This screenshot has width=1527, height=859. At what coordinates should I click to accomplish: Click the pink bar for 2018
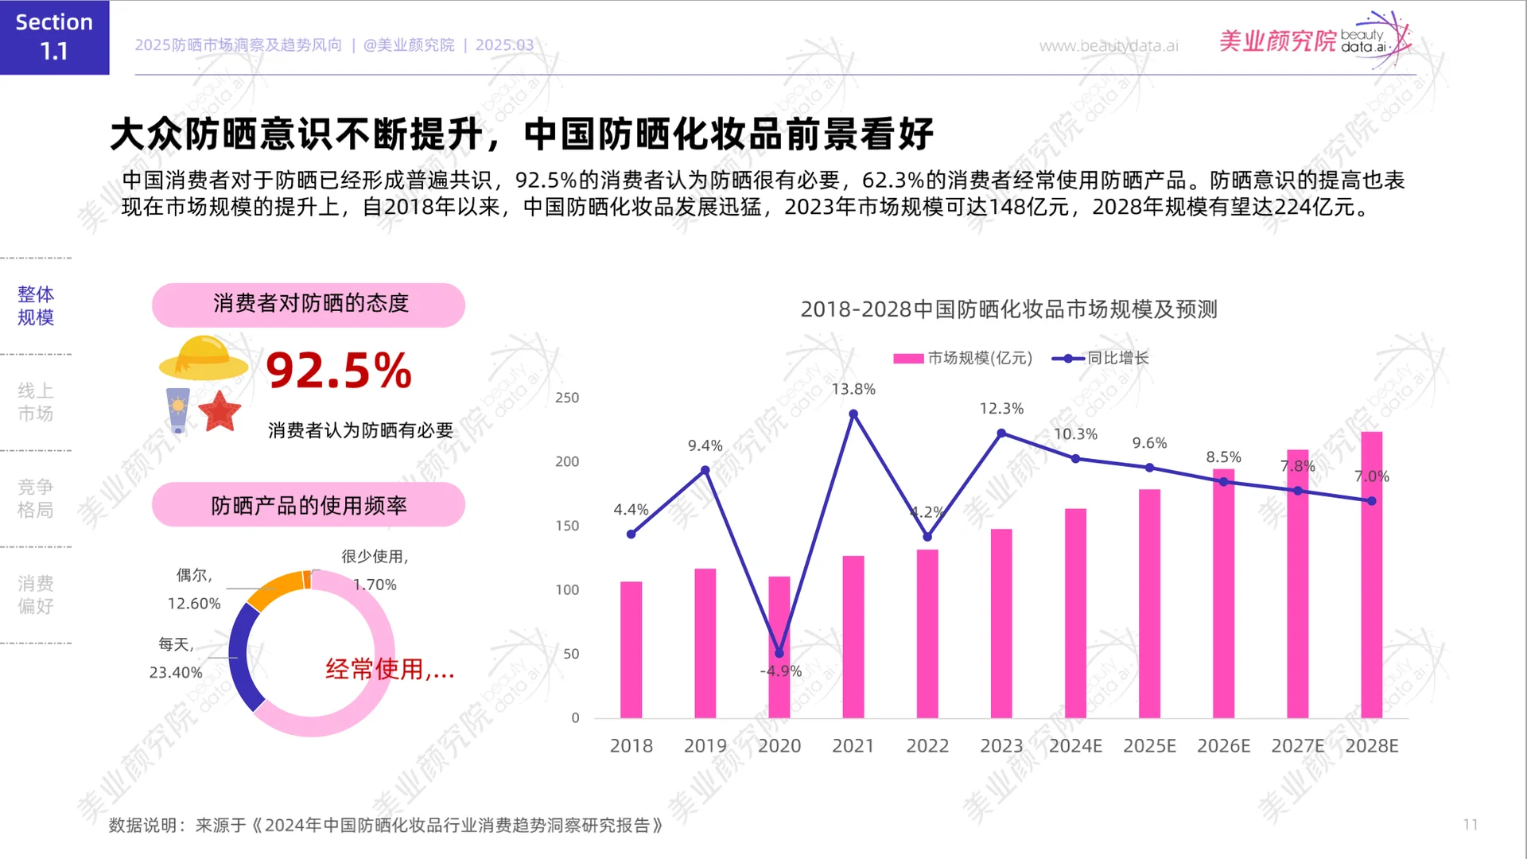(x=631, y=650)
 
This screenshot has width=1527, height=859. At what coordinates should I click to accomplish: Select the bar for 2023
(x=1001, y=624)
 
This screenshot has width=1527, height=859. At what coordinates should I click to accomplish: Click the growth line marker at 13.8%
(x=853, y=414)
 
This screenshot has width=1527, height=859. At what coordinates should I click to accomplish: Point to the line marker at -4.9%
(x=779, y=654)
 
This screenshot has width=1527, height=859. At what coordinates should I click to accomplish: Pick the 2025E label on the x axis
(x=1149, y=746)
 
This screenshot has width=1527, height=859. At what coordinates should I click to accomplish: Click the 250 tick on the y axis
(x=567, y=398)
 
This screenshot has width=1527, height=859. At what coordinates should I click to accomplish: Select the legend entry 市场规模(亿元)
(x=962, y=359)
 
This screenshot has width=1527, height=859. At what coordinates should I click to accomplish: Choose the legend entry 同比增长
(x=1101, y=359)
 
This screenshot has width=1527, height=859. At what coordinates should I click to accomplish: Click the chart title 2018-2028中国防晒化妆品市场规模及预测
(x=1008, y=309)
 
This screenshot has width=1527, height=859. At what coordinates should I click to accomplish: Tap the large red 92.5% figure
(x=339, y=371)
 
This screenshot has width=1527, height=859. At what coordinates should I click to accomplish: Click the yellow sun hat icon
(x=204, y=358)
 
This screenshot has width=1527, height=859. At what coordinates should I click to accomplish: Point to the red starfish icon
(x=220, y=411)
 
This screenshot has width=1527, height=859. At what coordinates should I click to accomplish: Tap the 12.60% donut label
(x=194, y=604)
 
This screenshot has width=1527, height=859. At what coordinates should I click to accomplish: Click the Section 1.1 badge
(x=54, y=37)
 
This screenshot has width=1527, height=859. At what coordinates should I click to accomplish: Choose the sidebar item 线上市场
(x=36, y=402)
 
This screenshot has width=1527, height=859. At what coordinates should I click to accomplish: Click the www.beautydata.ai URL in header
(x=1109, y=46)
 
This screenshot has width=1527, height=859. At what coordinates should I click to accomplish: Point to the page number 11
(x=1471, y=825)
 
